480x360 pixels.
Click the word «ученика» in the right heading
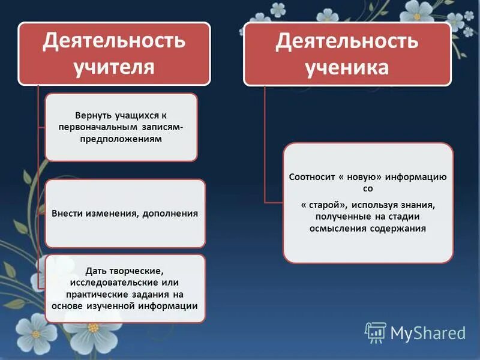click(347, 67)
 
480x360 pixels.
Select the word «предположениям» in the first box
click(121, 139)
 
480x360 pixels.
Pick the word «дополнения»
click(170, 213)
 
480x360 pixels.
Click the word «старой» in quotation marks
click(323, 205)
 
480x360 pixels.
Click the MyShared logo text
click(427, 332)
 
